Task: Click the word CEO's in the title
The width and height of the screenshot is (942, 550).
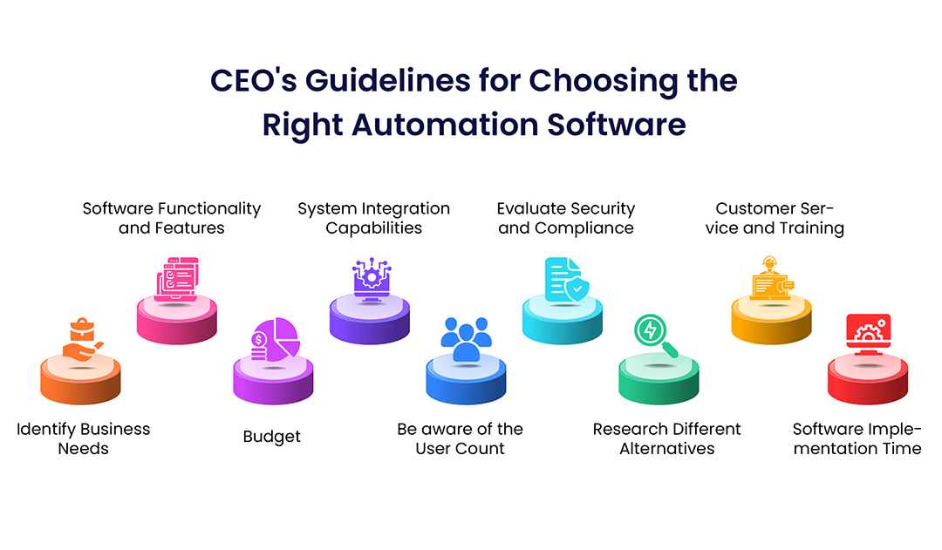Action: pyautogui.click(x=253, y=80)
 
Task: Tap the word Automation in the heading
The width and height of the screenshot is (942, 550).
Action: pyautogui.click(x=445, y=125)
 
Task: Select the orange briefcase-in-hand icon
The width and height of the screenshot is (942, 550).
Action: pyautogui.click(x=83, y=340)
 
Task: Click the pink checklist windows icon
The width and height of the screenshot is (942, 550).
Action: pyautogui.click(x=177, y=279)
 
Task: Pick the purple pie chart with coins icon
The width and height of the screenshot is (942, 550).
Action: pyautogui.click(x=275, y=340)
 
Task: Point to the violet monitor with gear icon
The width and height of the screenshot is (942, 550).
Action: pyautogui.click(x=372, y=280)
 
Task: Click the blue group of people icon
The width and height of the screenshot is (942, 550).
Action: pyautogui.click(x=466, y=339)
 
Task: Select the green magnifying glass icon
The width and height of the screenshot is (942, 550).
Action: pyautogui.click(x=655, y=336)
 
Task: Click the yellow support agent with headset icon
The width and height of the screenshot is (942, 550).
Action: pyautogui.click(x=771, y=278)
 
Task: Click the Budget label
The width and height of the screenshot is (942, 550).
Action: pyautogui.click(x=271, y=437)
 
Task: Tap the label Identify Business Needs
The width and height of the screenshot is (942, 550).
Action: pyautogui.click(x=84, y=439)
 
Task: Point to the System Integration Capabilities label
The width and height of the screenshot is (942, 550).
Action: pyautogui.click(x=373, y=219)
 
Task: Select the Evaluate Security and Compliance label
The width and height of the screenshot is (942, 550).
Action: pyautogui.click(x=566, y=219)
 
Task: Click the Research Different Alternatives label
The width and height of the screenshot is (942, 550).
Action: pyautogui.click(x=667, y=439)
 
